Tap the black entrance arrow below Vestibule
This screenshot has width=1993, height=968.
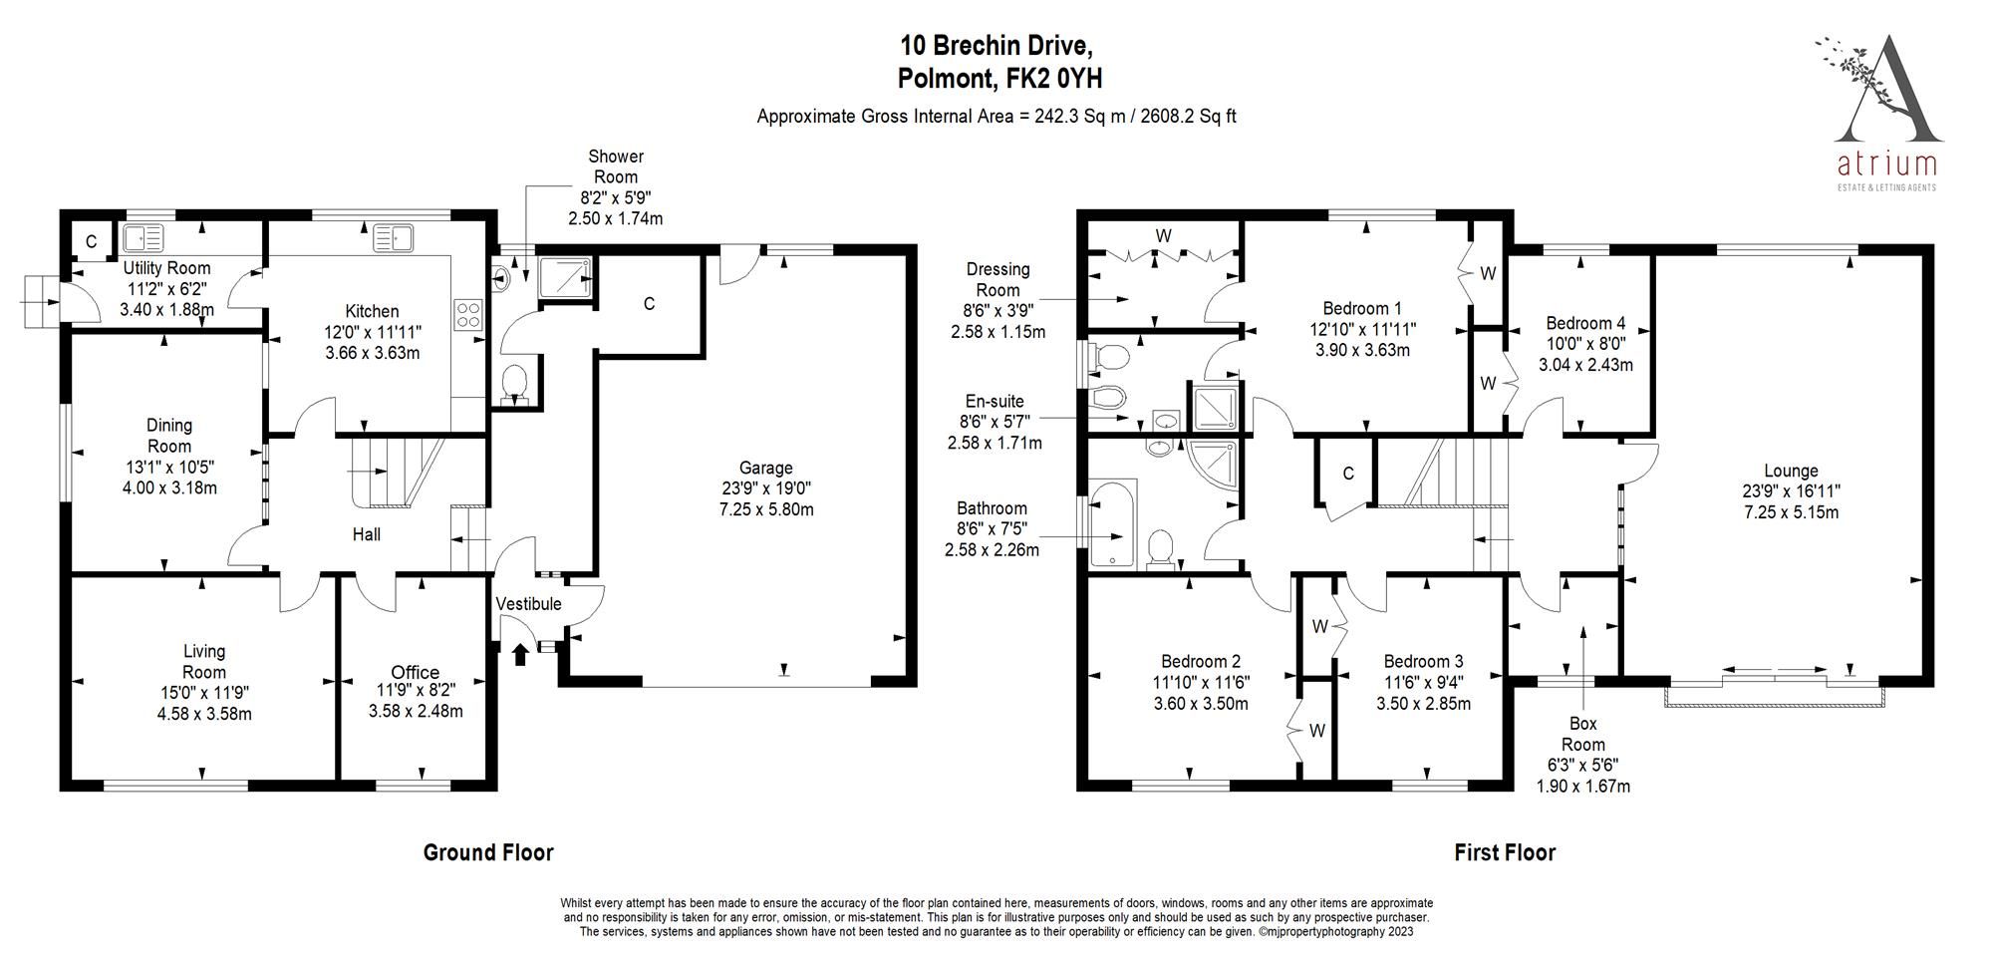tap(519, 655)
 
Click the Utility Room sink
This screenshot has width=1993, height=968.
tap(142, 239)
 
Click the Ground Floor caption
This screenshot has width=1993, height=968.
tap(488, 852)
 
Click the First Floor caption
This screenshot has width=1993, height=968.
tap(1505, 852)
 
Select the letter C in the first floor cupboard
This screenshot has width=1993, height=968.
tap(1348, 474)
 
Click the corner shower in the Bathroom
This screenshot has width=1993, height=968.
tap(1216, 466)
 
